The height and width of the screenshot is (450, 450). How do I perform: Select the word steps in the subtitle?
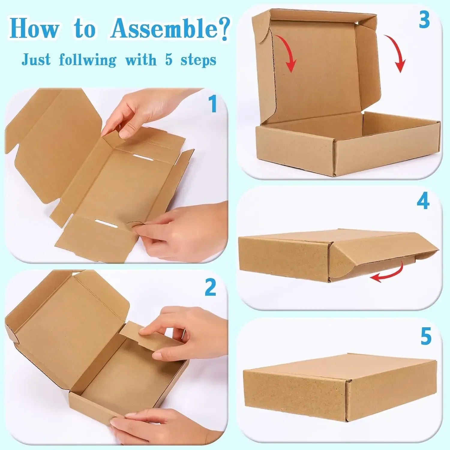(x=198, y=60)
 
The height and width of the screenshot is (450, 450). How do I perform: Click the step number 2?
(x=210, y=287)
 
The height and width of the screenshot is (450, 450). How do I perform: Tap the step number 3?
(x=424, y=20)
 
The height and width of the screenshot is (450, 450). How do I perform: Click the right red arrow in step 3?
(x=397, y=54)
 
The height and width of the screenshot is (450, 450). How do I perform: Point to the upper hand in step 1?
(x=141, y=111)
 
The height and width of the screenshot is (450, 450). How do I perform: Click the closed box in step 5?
(x=339, y=387)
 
